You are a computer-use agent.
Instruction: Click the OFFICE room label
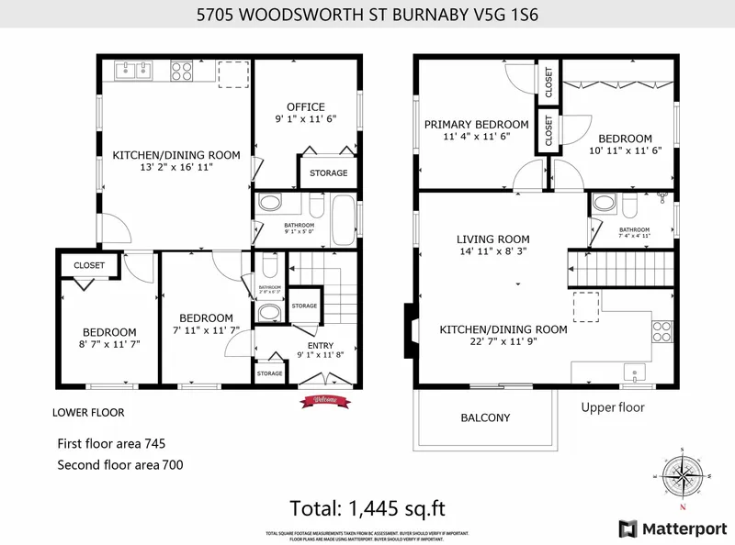click(x=305, y=107)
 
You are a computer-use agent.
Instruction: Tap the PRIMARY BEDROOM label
click(x=475, y=125)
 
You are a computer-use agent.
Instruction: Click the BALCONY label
click(x=485, y=417)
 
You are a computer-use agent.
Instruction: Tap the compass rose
click(x=681, y=475)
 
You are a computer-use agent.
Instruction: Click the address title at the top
click(x=367, y=15)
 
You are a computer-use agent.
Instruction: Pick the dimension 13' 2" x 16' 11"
click(x=176, y=168)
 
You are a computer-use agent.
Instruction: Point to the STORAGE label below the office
click(x=328, y=172)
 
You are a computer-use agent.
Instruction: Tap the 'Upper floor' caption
click(x=613, y=407)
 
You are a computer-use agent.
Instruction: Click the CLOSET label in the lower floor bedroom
click(x=83, y=266)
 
